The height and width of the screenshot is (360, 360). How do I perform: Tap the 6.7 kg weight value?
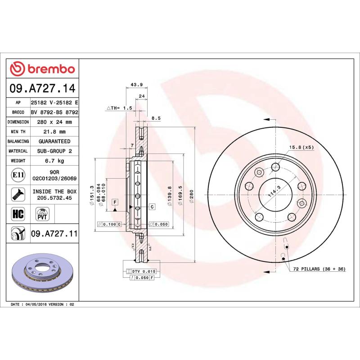coord(54,161)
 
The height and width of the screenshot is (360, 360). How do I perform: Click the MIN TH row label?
coord(18,132)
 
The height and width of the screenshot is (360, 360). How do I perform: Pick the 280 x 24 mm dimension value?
coord(54,122)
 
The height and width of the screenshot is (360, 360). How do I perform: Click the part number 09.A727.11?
coord(54,234)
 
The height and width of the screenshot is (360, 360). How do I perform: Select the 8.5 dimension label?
coord(156,118)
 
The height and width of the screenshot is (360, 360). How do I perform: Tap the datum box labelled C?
coord(152,207)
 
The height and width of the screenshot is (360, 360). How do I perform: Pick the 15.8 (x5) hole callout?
coord(301,147)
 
